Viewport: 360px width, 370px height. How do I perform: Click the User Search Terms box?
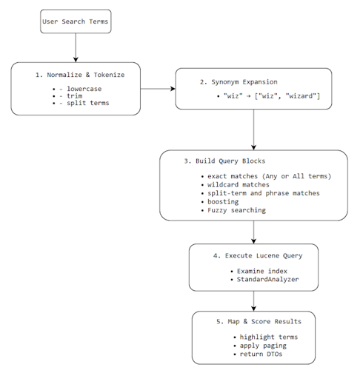(75, 21)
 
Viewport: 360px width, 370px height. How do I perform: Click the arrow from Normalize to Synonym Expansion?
(157, 89)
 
